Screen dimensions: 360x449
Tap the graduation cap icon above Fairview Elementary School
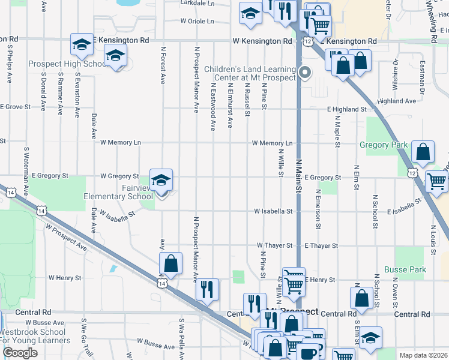[x=161, y=180]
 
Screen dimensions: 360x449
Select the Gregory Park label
[x=384, y=145]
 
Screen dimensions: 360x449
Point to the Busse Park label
[x=405, y=269]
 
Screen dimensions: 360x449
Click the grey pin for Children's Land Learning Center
[x=305, y=73]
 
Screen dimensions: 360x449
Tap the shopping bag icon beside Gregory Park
[x=423, y=154]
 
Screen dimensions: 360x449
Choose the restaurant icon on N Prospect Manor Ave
[x=207, y=290]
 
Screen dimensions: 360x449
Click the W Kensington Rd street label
[x=262, y=41]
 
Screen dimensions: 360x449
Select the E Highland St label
[x=346, y=109]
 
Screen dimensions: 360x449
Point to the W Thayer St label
[x=274, y=245]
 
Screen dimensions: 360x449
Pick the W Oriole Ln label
[x=197, y=21]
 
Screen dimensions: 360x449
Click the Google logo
[x=20, y=353]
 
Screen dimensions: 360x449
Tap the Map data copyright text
[x=423, y=355]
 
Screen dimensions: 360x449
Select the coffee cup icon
[x=310, y=352]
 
